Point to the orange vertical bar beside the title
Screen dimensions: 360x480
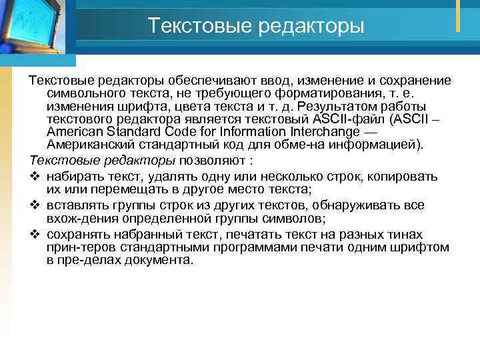(458, 15)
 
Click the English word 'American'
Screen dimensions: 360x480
(74, 132)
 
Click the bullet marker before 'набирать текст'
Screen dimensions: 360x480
(35, 177)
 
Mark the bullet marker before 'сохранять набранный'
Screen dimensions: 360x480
(35, 235)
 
